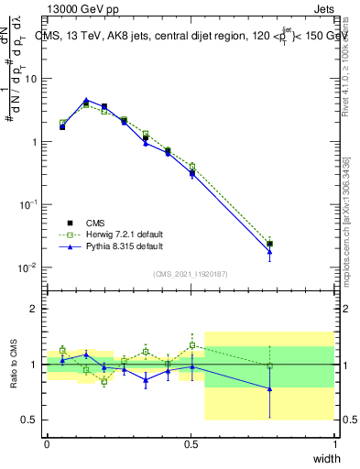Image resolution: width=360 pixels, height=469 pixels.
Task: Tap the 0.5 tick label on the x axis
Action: (191, 443)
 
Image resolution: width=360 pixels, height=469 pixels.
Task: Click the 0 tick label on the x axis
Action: (47, 443)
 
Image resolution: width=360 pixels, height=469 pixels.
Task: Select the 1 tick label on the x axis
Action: (334, 443)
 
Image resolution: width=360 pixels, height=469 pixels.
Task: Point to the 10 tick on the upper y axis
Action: (30, 79)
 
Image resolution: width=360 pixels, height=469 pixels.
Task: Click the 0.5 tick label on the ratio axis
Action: (31, 420)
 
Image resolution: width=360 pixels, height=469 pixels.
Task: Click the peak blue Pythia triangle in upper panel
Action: (86, 101)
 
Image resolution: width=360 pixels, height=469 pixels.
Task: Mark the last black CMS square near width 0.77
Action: (269, 244)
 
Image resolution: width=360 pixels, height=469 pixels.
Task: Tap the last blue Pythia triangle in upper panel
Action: (269, 252)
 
